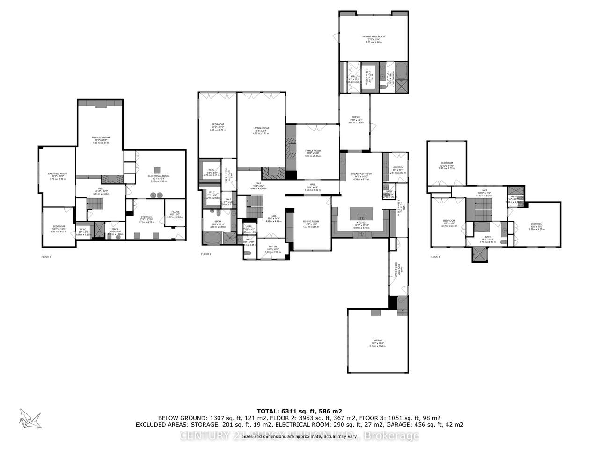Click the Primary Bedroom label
373,36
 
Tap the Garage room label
377,340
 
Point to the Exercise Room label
58,174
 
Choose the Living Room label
261,128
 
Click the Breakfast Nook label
361,174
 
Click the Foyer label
273,246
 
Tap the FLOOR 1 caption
46,257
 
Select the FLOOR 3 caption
435,257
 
